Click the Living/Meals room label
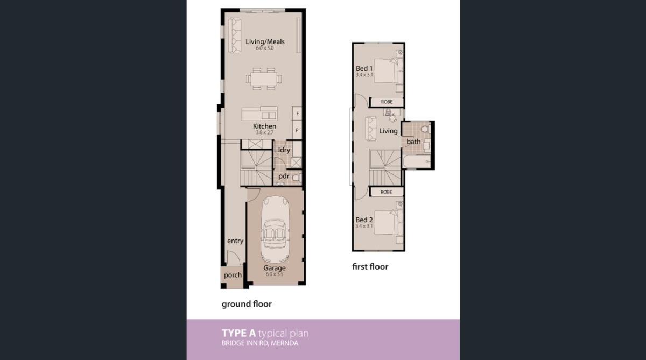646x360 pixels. pyautogui.click(x=265, y=41)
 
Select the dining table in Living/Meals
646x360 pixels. pyautogui.click(x=264, y=78)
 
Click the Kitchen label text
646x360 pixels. pyautogui.click(x=265, y=126)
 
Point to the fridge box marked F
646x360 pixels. pyautogui.click(x=297, y=114)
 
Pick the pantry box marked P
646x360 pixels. pyautogui.click(x=297, y=130)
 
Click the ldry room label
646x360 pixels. pyautogui.click(x=284, y=150)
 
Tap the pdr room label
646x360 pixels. pyautogui.click(x=284, y=176)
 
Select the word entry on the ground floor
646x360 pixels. pyautogui.click(x=235, y=241)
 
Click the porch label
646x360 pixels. pyautogui.click(x=233, y=275)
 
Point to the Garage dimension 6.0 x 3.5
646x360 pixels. pyautogui.click(x=275, y=274)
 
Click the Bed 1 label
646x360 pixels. pyautogui.click(x=364, y=68)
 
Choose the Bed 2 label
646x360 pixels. pyautogui.click(x=364, y=220)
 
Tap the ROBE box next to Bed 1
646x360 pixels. pyautogui.click(x=387, y=102)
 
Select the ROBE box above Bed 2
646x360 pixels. pyautogui.click(x=386, y=192)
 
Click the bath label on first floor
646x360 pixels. pyautogui.click(x=413, y=142)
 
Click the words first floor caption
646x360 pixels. pyautogui.click(x=370, y=266)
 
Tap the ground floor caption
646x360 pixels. pyautogui.click(x=247, y=304)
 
